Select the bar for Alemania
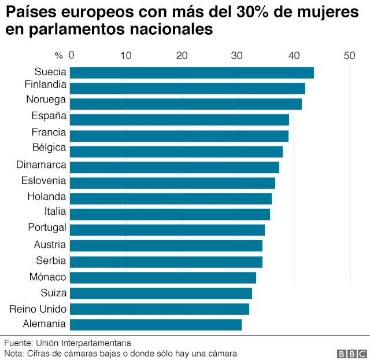coord(156,324)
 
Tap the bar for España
coord(179,119)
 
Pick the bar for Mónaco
coord(162,277)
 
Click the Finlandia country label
coord(45,85)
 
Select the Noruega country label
coord(46,100)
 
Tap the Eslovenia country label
coord(43,181)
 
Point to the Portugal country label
coord(47,227)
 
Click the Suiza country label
coord(53,293)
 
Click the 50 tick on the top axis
coord(349,56)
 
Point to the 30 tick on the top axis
coord(237,56)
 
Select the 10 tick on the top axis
coord(126,56)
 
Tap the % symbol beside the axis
coord(58,56)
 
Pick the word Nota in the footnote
coord(14,353)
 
